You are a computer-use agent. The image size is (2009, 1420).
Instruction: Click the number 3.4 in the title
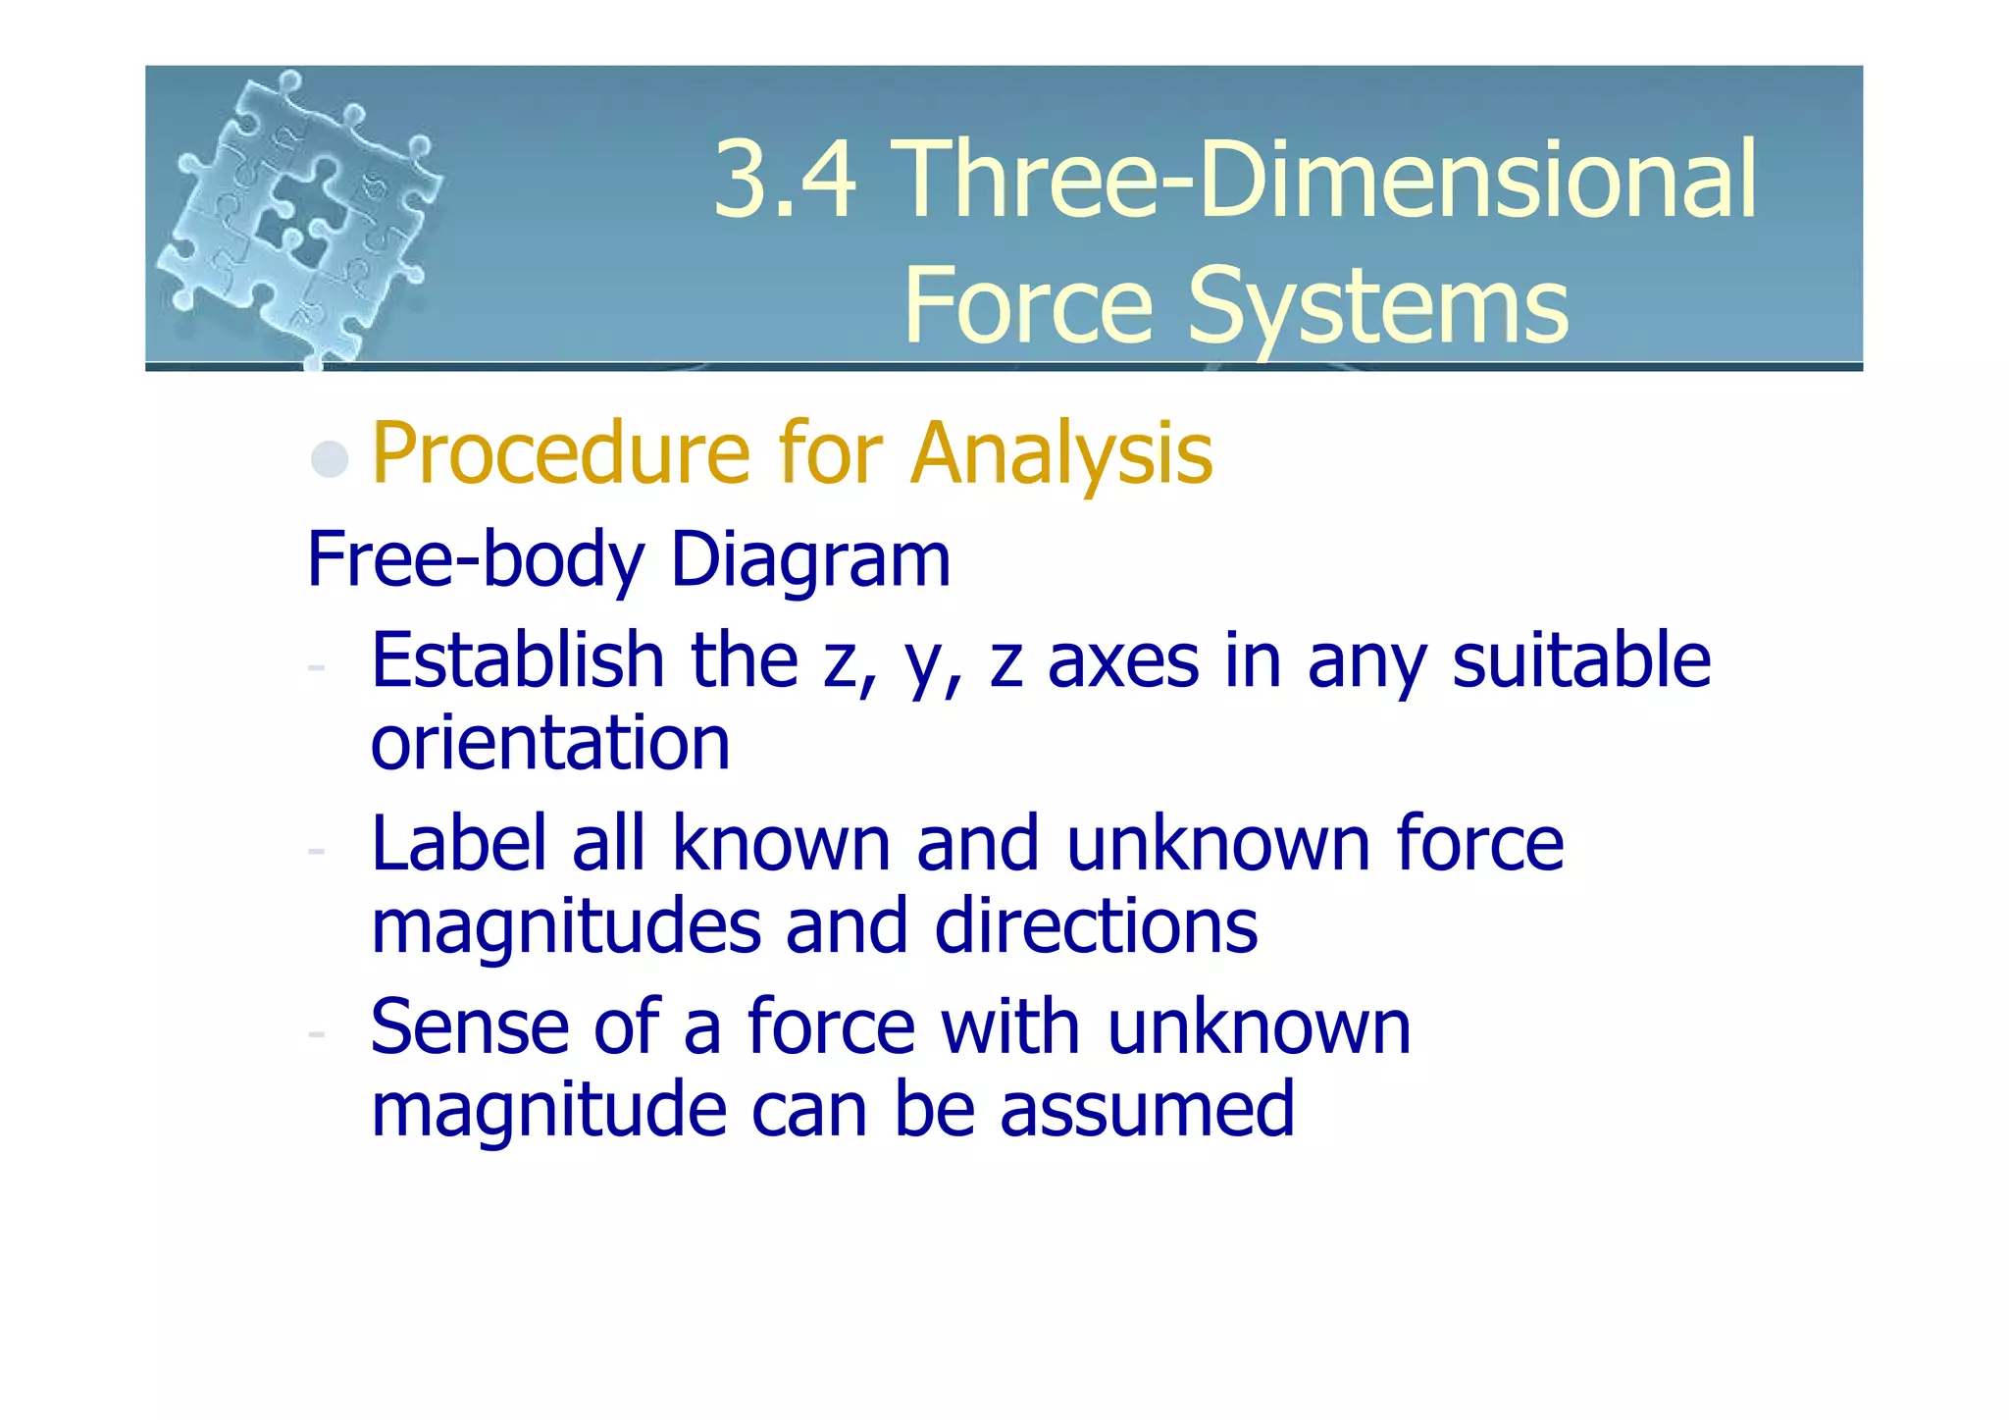(784, 180)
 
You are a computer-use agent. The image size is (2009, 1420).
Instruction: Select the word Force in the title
(1027, 306)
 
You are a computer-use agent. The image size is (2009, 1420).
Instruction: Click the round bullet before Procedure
(330, 458)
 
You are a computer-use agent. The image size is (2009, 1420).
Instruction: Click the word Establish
(517, 659)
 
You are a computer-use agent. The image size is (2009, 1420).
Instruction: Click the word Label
(458, 843)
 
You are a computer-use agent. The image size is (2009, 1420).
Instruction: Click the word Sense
(469, 1026)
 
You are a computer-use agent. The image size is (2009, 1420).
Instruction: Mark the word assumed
(1147, 1110)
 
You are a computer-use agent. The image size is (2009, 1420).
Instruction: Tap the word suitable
(1581, 659)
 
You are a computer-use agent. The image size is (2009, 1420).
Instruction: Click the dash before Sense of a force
(316, 1033)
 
